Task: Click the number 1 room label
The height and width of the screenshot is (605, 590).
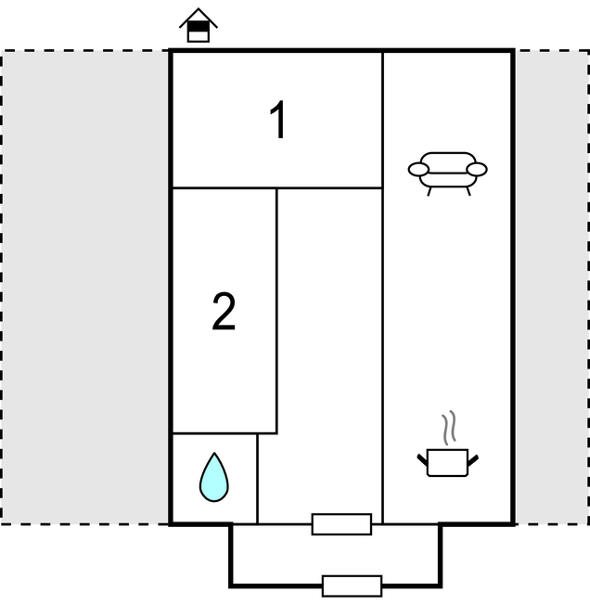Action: pyautogui.click(x=277, y=121)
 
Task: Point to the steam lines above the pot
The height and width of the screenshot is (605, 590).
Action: pyautogui.click(x=449, y=428)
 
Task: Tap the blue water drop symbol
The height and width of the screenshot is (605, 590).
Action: pyautogui.click(x=213, y=478)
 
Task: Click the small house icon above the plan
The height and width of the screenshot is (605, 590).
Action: pyautogui.click(x=198, y=26)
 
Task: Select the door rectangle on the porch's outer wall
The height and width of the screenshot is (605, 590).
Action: pyautogui.click(x=352, y=586)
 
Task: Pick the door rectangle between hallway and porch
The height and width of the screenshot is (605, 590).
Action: pyautogui.click(x=341, y=524)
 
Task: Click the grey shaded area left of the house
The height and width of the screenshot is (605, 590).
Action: pyautogui.click(x=84, y=288)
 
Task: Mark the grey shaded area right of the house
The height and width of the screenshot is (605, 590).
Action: pyautogui.click(x=551, y=288)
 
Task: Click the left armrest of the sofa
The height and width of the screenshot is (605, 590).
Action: pyautogui.click(x=419, y=169)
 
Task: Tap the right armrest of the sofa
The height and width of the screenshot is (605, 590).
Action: pyautogui.click(x=477, y=169)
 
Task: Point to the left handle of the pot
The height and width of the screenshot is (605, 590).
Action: pyautogui.click(x=422, y=457)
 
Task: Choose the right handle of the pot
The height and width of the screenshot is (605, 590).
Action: pyautogui.click(x=474, y=457)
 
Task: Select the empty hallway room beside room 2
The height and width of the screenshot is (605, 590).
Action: pyautogui.click(x=329, y=353)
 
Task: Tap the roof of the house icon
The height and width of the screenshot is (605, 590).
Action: pyautogui.click(x=198, y=15)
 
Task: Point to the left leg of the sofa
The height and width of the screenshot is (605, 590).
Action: pyautogui.click(x=430, y=190)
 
